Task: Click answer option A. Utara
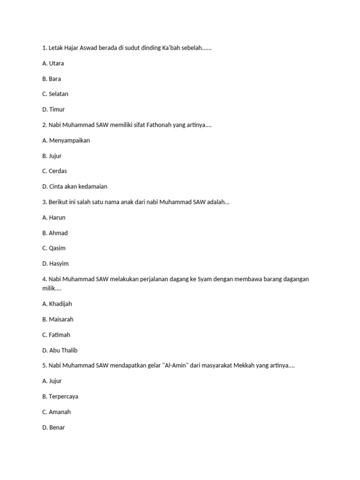53,63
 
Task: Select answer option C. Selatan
55,94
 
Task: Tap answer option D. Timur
53,109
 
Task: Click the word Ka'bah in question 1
171,48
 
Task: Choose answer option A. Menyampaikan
66,140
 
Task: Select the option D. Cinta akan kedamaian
75,187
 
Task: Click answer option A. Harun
54,217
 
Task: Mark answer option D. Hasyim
55,263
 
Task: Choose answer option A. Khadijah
57,304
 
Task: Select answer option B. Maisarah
58,319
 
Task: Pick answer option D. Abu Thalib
60,350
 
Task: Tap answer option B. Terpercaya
60,397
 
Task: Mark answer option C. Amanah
56,412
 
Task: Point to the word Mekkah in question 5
241,365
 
